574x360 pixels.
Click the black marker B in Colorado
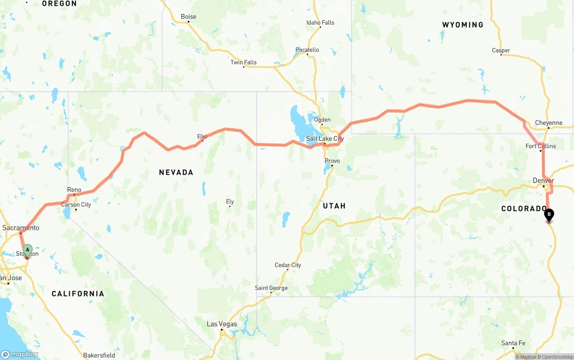[x=549, y=215]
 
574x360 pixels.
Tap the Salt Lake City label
[x=325, y=139]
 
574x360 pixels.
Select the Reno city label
[x=74, y=190]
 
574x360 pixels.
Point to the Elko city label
[x=202, y=136]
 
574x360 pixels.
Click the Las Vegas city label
[x=222, y=324]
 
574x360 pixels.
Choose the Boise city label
[x=188, y=17]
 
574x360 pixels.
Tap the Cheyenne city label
[x=548, y=123]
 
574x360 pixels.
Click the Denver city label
[x=544, y=181]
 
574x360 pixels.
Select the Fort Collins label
[x=540, y=146]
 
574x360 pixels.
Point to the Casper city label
[x=501, y=50]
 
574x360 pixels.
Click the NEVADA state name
[x=176, y=172]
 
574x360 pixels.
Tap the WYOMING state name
[x=463, y=25]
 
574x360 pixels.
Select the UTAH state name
[x=334, y=206]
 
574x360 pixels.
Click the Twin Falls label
[x=244, y=62]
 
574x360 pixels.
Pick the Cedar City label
[x=288, y=265]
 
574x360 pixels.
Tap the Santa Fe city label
[x=513, y=343]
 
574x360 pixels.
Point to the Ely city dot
[x=230, y=206]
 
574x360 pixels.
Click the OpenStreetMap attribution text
[x=555, y=357]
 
